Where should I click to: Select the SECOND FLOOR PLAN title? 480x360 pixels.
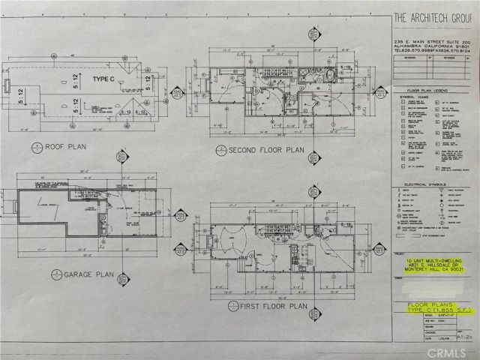pos(266,150)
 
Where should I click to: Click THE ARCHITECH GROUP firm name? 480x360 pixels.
pos(430,15)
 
